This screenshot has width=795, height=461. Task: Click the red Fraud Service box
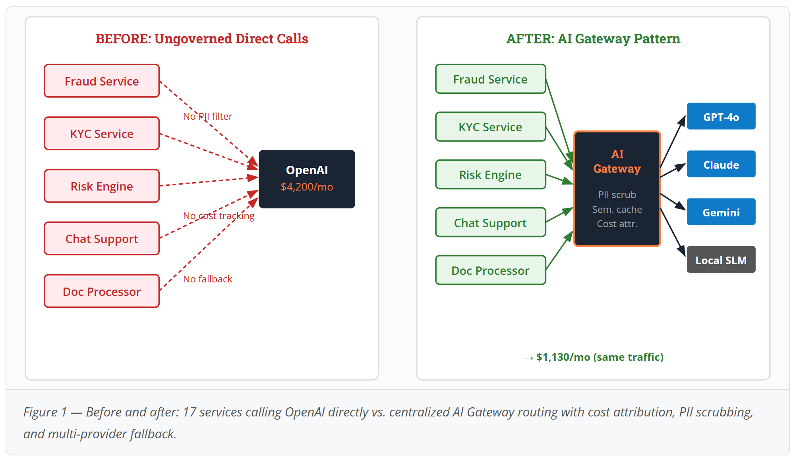[102, 81]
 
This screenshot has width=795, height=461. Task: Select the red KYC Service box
[102, 133]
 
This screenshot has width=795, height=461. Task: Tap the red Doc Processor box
[102, 291]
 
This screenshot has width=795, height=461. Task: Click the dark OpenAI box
[307, 179]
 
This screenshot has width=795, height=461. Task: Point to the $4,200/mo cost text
[307, 187]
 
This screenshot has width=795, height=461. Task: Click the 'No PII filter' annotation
[207, 116]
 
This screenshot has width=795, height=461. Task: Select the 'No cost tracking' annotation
[219, 216]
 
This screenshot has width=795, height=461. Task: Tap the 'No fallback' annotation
[207, 279]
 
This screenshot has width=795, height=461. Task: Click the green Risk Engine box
[491, 175]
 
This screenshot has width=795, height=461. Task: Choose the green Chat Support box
[491, 222]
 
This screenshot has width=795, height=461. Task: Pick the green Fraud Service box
[491, 79]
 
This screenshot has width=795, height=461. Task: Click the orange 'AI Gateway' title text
[617, 161]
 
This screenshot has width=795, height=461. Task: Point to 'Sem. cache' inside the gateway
[617, 209]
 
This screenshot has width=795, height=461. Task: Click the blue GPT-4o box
[721, 116]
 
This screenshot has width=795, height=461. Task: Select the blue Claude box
[721, 164]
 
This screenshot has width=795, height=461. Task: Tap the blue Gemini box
[721, 212]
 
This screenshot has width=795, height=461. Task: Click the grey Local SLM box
[721, 259]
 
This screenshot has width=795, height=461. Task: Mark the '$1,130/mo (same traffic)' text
[600, 357]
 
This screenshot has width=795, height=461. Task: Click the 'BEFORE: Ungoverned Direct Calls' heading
[202, 39]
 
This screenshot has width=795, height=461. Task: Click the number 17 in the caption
[189, 412]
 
